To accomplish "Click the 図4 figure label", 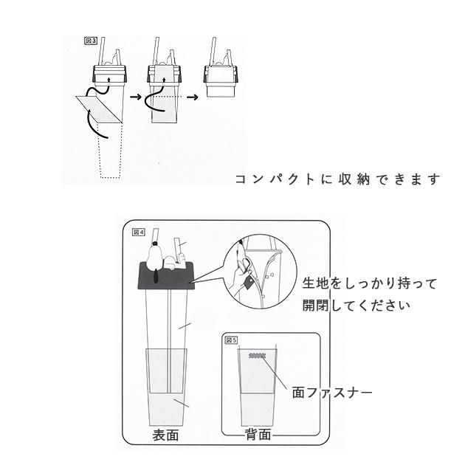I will [139, 231].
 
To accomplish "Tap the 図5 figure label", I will [231, 340].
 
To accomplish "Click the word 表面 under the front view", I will [166, 435].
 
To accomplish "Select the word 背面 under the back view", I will [258, 435].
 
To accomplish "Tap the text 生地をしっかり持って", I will [370, 283].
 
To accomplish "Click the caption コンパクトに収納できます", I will [337, 179].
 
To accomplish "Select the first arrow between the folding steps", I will [135, 96].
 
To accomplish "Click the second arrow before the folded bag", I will [193, 96].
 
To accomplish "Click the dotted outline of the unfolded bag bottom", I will [108, 151].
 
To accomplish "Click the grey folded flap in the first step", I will [100, 108].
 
